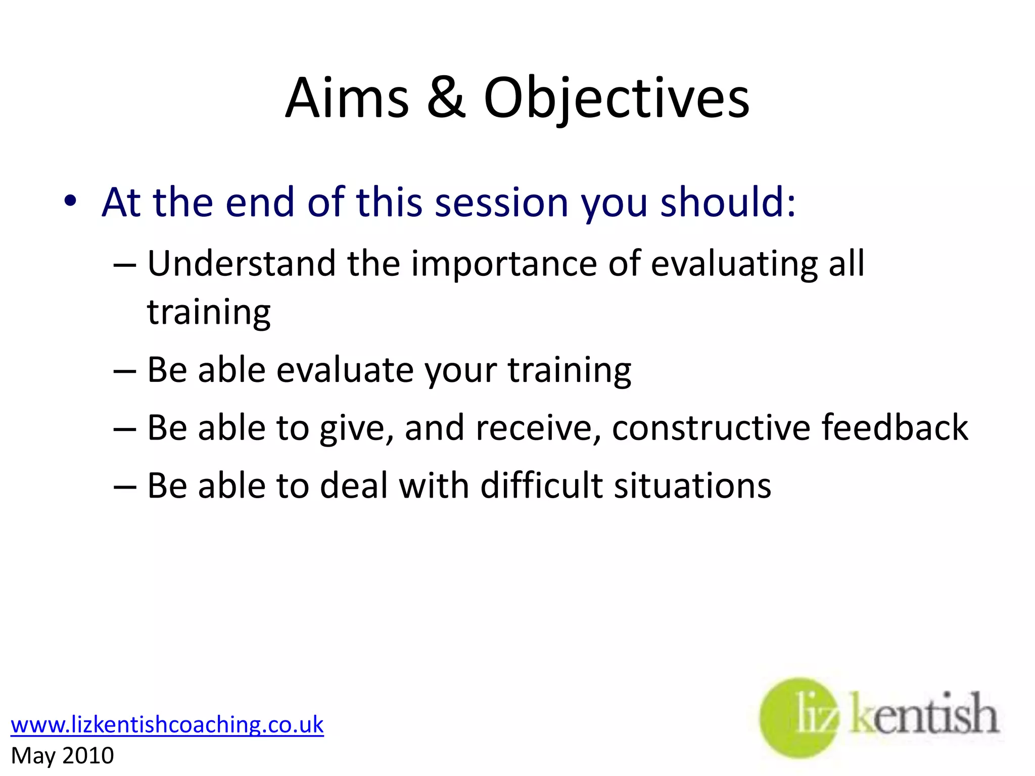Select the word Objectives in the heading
click(616, 99)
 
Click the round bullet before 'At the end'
click(70, 201)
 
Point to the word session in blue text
click(501, 202)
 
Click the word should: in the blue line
click(728, 202)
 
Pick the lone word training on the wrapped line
click(209, 313)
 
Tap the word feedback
click(895, 428)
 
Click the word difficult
click(541, 486)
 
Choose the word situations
click(692, 486)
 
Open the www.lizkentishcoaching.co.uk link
click(167, 724)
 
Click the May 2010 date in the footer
click(62, 756)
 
